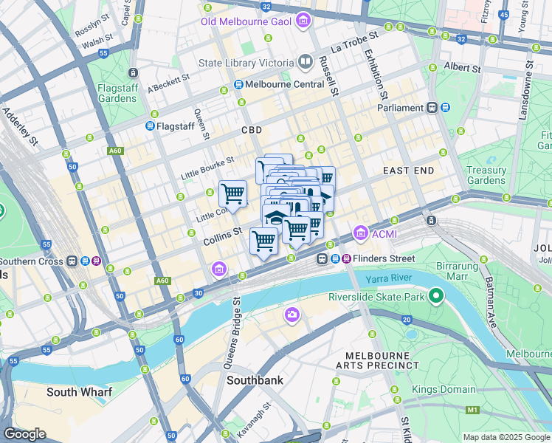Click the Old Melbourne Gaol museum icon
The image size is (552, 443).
[x=301, y=21]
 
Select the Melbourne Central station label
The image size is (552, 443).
[x=284, y=84]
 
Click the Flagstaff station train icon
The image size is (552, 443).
[x=150, y=126]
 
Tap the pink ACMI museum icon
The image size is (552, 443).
[x=361, y=234]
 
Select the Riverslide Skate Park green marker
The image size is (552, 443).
[x=436, y=297]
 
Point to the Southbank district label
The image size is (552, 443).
[x=255, y=381]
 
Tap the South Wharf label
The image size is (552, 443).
[x=79, y=392]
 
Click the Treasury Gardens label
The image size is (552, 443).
[x=486, y=175]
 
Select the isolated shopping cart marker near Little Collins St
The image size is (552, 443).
[x=233, y=194]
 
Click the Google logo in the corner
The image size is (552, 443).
[x=24, y=434]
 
